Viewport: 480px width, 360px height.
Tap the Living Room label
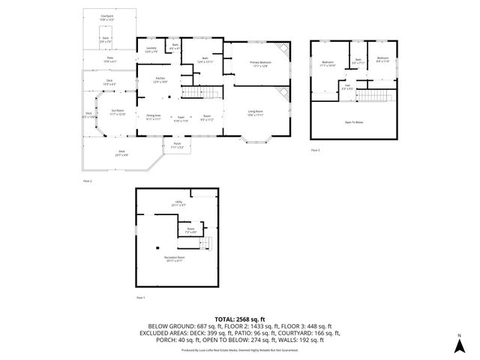[x=256, y=112]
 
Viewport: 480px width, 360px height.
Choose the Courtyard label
[x=108, y=16]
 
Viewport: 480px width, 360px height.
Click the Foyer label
[x=181, y=118]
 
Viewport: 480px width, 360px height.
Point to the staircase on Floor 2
[x=193, y=92]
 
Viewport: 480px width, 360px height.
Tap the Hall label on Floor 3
[x=347, y=86]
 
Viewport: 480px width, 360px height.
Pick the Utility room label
[x=178, y=202]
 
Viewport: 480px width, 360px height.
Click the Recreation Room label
[x=175, y=259]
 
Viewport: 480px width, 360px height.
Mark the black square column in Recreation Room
[x=157, y=247]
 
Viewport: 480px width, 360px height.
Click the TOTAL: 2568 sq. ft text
[x=240, y=318]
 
